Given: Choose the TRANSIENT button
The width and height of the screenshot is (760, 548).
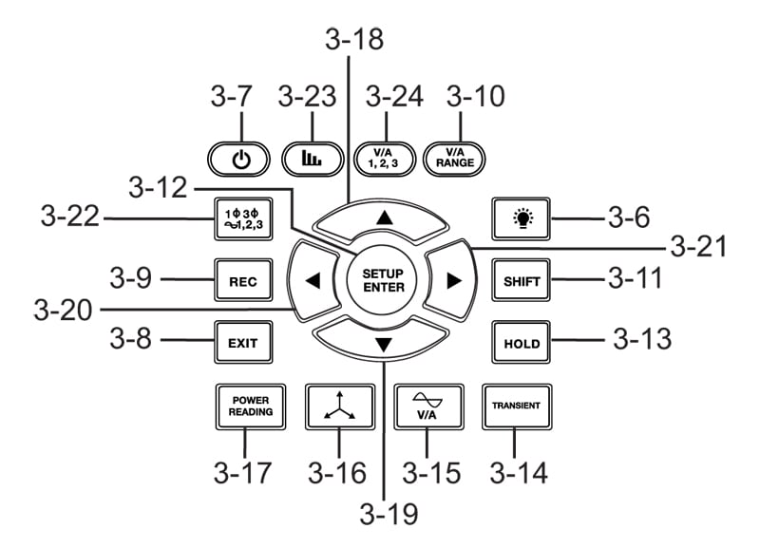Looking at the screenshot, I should point(516,406).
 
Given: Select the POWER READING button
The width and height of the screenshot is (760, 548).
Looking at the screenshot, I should point(244,406).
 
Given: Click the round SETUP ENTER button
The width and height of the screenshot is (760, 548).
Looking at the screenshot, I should point(383,279).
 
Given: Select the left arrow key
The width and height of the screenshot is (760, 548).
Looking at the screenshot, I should point(313,280).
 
